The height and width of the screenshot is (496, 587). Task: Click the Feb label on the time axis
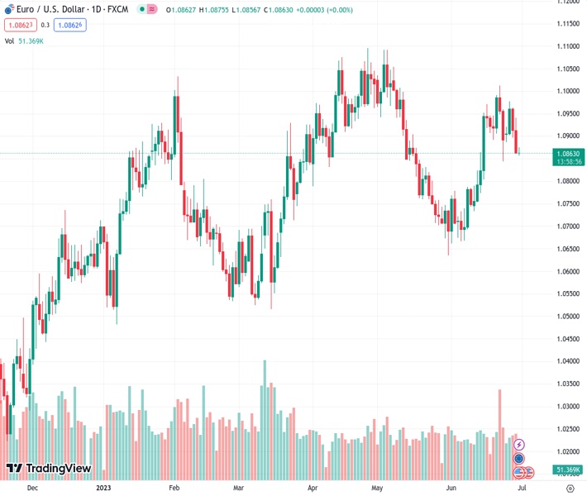tap(174, 489)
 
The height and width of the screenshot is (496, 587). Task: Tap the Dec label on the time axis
tap(32, 489)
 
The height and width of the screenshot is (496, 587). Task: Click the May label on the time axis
tap(377, 489)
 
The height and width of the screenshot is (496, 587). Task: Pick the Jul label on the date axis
tap(522, 489)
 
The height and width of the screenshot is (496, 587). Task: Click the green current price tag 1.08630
tap(568, 153)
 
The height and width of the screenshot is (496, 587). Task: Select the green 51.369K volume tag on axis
tap(568, 470)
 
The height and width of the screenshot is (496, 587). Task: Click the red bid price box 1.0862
tap(18, 25)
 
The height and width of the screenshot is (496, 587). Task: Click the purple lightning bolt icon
tap(519, 445)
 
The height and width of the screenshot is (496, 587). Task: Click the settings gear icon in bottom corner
tap(570, 489)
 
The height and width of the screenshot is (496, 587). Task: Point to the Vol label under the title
tap(9, 41)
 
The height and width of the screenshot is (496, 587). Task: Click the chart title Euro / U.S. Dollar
tap(55, 10)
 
